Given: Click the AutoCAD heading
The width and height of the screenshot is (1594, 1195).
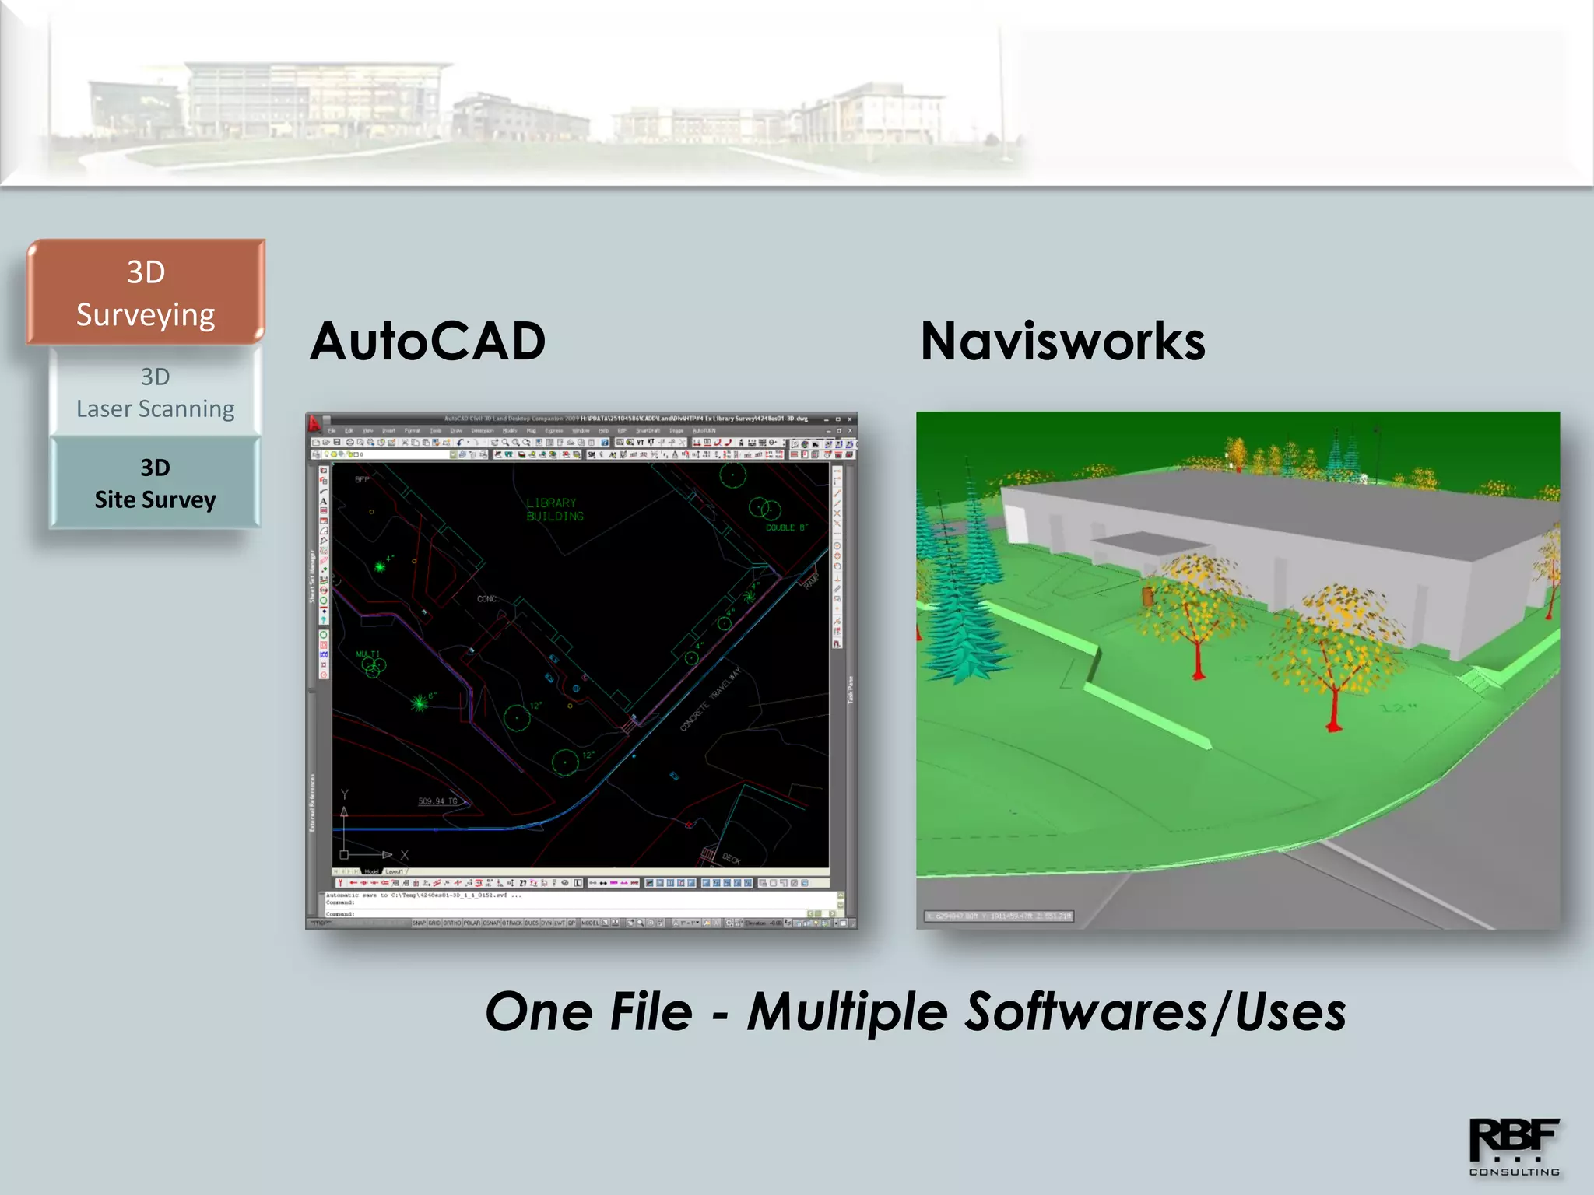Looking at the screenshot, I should (x=427, y=342).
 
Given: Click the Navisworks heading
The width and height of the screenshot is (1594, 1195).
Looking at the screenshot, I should (x=1062, y=342).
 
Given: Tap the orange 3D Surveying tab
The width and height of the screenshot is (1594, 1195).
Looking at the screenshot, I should (x=146, y=293).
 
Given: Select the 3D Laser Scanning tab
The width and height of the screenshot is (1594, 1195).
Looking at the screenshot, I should (x=155, y=392).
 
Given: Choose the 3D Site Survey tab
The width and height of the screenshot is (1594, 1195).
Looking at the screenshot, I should (x=155, y=483).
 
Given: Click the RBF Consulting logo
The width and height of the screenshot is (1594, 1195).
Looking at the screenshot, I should (x=1514, y=1146).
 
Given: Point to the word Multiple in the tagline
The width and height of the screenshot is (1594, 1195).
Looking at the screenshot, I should (x=848, y=1011).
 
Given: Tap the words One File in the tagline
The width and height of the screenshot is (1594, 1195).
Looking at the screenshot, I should (x=588, y=1011).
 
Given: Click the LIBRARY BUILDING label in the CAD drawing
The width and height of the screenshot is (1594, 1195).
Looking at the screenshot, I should (x=553, y=510).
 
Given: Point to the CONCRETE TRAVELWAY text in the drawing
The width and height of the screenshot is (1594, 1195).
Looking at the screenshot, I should (x=710, y=699).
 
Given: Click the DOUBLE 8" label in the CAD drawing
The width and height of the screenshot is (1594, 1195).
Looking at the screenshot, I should (x=786, y=527).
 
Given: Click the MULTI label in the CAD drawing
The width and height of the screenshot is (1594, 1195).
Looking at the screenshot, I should (x=367, y=654).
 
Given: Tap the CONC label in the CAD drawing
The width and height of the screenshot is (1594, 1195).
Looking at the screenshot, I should (x=486, y=598).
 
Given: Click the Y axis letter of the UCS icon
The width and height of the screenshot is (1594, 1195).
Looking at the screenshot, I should (x=345, y=794).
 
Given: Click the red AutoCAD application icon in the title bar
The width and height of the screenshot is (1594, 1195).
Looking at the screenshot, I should (x=314, y=423).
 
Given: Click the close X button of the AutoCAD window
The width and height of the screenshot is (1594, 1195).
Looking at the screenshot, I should (x=849, y=419).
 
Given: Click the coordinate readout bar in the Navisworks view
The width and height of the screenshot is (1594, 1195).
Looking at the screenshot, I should (x=999, y=916).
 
